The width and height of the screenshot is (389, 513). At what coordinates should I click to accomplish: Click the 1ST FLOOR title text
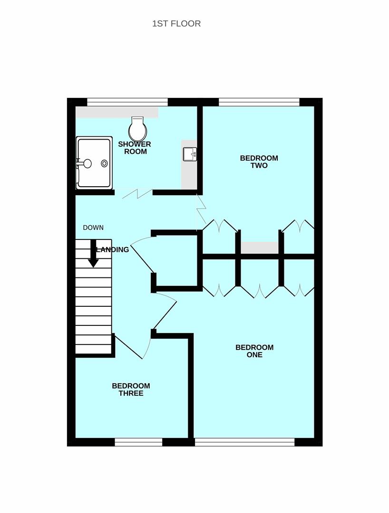(176, 24)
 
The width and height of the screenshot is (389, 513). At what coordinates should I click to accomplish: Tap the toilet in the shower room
(137, 128)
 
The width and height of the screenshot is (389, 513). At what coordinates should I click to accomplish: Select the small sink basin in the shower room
(190, 154)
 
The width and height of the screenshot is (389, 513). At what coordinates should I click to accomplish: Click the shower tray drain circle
(104, 163)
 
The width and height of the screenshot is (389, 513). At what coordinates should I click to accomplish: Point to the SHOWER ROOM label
(135, 148)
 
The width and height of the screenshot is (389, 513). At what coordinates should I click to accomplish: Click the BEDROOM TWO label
(259, 161)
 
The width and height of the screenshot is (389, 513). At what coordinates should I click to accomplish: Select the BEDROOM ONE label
(254, 351)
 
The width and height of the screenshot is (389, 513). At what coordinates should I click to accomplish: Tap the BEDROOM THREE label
(131, 389)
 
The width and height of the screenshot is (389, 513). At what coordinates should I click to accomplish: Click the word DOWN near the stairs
(93, 228)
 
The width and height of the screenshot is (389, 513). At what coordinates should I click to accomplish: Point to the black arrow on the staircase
(93, 254)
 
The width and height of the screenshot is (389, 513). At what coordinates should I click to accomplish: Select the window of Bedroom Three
(138, 442)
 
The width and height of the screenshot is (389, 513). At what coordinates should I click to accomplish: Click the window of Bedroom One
(245, 442)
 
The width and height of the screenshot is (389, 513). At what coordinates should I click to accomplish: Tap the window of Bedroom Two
(259, 102)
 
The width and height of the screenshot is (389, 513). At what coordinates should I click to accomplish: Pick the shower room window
(127, 102)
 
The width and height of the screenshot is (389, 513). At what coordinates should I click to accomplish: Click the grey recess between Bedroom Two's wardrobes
(260, 247)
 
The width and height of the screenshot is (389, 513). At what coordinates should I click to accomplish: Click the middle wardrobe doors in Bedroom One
(259, 291)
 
